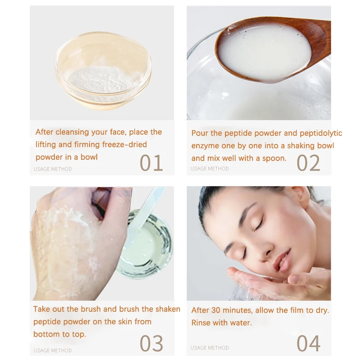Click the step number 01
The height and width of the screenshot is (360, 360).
(151, 163)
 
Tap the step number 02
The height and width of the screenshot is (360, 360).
(308, 163)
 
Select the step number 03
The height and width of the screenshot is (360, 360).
(151, 343)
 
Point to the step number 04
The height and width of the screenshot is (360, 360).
(309, 343)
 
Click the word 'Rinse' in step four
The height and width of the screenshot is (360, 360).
(201, 323)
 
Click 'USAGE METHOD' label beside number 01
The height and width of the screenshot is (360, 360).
(53, 169)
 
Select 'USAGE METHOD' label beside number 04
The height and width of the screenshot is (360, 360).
(210, 347)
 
